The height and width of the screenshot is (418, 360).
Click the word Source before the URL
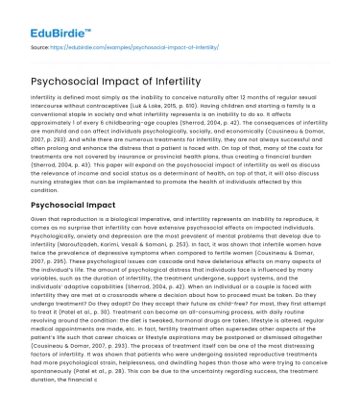pyautogui.click(x=42, y=44)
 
